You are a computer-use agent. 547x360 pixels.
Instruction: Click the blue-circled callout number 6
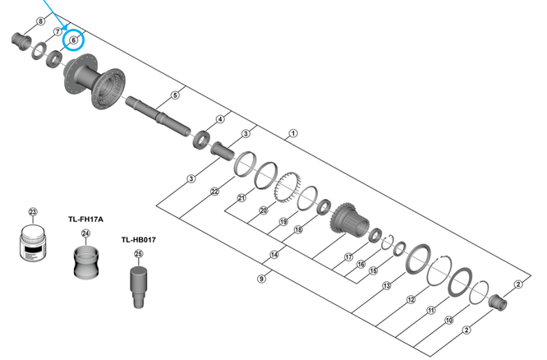click(73, 39)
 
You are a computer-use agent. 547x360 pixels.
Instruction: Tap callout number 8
click(41, 20)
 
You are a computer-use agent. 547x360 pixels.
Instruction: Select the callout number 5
click(175, 95)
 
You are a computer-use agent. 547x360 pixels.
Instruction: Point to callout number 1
click(293, 133)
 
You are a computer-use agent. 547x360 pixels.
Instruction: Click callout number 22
click(214, 192)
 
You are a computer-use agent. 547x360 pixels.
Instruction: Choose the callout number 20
click(264, 211)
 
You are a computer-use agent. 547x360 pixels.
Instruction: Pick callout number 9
click(261, 279)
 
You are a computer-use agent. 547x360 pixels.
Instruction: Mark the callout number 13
click(386, 285)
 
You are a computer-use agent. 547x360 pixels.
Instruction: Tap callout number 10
click(448, 321)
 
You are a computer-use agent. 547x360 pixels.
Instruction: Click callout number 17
click(348, 257)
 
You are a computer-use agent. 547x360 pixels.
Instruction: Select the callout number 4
click(220, 119)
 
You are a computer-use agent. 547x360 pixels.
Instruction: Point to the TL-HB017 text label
click(139, 240)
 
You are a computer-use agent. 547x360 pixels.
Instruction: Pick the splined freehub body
click(348, 220)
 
